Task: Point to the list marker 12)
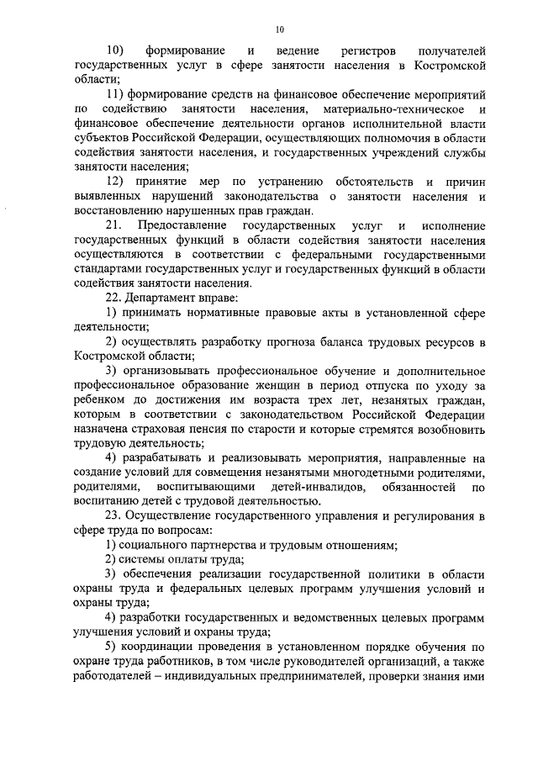tap(118, 182)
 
